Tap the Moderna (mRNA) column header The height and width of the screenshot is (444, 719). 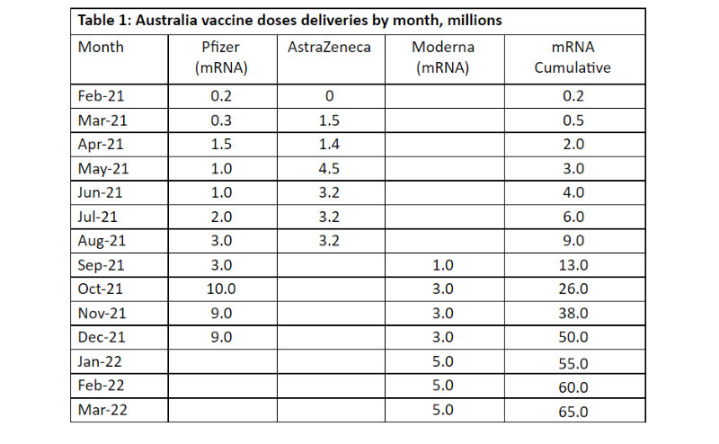coord(439,57)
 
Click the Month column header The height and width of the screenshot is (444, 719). coord(101,47)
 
